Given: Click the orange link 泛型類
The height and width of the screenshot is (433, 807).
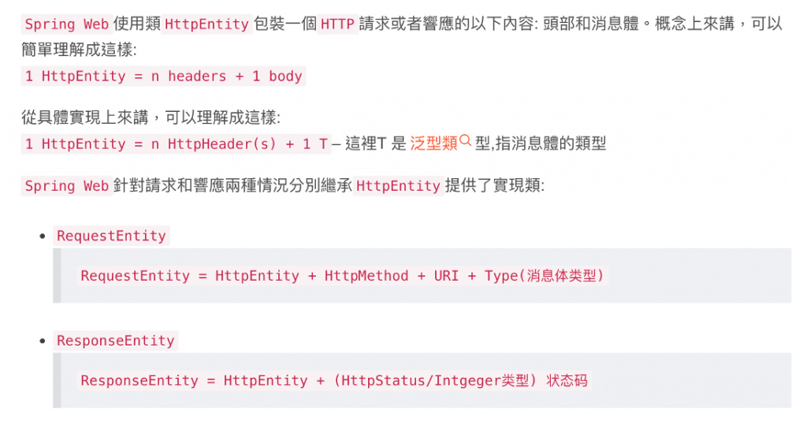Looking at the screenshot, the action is tap(433, 144).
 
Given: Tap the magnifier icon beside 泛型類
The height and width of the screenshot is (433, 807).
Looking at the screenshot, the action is tap(465, 141).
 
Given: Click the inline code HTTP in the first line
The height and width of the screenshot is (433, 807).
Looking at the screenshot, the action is tap(338, 24).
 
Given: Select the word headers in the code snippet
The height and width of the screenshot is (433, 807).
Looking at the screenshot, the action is tap(196, 77).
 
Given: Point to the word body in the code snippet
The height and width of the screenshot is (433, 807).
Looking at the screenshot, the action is tap(285, 77).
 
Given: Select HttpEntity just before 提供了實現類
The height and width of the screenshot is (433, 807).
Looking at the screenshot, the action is tap(398, 186).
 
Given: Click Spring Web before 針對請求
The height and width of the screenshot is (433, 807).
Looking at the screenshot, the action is tap(66, 186).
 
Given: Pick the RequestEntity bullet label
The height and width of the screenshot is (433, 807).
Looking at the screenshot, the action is tap(111, 236).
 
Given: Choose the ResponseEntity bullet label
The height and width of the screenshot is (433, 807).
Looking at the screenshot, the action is tap(115, 341).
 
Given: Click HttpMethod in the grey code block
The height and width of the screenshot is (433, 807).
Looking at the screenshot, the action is tap(366, 276).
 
